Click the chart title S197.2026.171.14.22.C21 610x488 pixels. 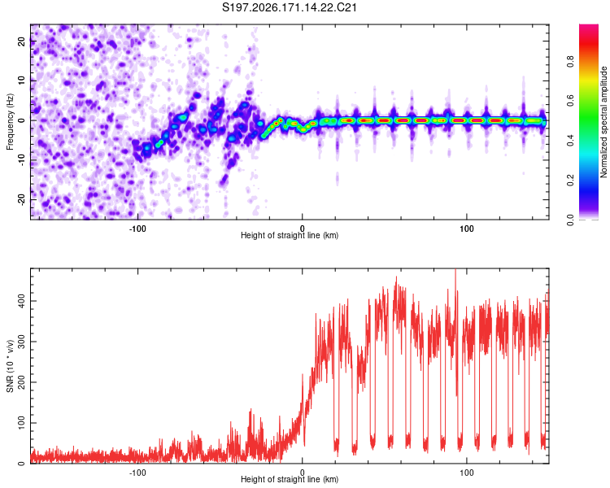click(x=289, y=7)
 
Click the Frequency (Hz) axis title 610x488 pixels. click(x=10, y=121)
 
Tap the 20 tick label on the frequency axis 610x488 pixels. click(x=22, y=41)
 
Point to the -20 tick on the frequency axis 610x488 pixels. click(x=22, y=200)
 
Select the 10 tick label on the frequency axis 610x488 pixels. click(x=22, y=81)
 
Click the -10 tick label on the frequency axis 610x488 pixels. click(x=22, y=160)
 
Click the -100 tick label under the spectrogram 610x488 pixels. click(x=137, y=229)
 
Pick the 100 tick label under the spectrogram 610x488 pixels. click(x=467, y=229)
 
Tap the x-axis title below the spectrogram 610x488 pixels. click(x=290, y=235)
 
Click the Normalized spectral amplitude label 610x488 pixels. click(x=603, y=122)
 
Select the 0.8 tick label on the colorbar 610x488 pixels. click(x=570, y=62)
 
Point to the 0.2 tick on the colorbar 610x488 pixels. click(x=570, y=181)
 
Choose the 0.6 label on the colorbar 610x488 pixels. click(x=570, y=101)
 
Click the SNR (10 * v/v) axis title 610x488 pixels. click(x=10, y=366)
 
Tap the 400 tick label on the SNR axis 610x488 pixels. click(x=22, y=301)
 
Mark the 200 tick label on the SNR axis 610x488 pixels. click(x=22, y=382)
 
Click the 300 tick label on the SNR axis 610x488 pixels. click(x=22, y=342)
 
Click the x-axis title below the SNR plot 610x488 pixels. click(x=290, y=479)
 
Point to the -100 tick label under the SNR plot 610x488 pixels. click(x=137, y=473)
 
